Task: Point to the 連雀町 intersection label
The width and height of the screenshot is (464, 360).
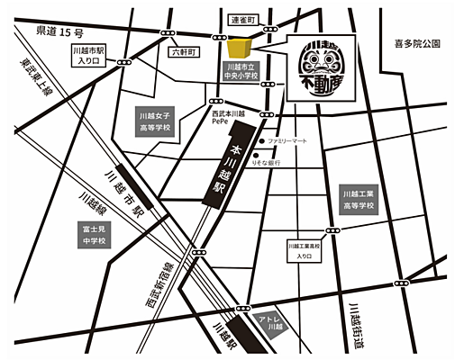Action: coord(245,19)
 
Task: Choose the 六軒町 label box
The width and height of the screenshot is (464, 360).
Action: coord(184,52)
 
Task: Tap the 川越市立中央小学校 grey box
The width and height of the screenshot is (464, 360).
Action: coord(244,72)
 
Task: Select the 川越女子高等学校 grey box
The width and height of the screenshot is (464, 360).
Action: coord(155,121)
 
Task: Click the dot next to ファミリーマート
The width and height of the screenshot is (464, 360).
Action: coord(259,142)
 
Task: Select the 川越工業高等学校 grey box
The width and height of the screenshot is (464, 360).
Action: coord(362,199)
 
